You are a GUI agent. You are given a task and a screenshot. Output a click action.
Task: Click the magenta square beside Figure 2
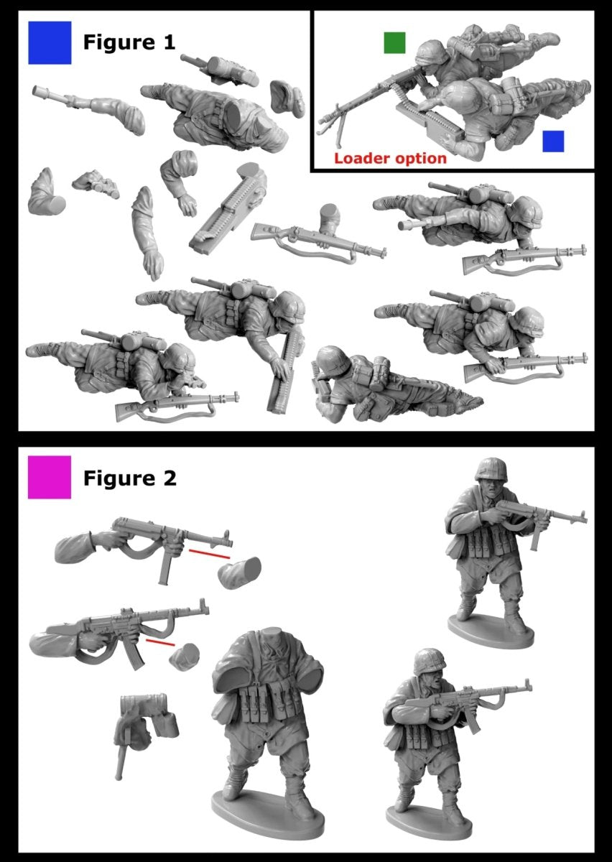point(50,477)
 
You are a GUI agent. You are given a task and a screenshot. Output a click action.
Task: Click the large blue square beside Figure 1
point(50,42)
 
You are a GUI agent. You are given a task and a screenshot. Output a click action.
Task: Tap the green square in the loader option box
point(394,42)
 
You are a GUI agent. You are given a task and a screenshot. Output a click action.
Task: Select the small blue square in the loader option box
point(553,141)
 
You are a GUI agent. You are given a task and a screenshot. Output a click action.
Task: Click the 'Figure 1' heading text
point(129,42)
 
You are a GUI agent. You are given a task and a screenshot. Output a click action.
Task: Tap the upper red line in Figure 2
point(210,554)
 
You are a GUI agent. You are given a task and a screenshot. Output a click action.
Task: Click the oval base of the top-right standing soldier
point(492,630)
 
